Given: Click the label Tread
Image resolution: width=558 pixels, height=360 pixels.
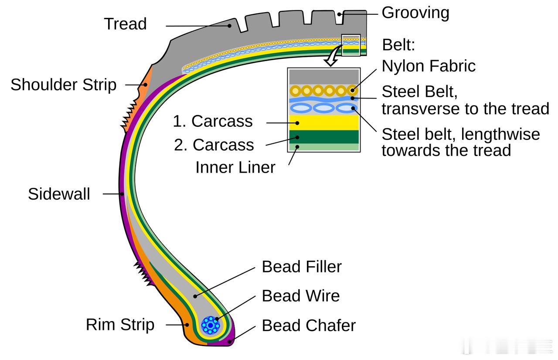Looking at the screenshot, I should (125, 24).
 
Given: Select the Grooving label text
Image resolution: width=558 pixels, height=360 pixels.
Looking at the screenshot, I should (415, 13).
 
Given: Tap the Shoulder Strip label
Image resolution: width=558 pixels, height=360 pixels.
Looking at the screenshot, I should (64, 85).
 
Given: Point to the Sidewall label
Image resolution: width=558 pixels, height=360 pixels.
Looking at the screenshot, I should (59, 194).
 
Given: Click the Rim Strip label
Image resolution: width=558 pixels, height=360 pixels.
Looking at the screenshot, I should (120, 325).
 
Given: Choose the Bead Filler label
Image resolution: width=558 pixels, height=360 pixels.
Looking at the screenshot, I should (302, 267).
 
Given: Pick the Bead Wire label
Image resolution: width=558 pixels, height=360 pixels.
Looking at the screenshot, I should (300, 296).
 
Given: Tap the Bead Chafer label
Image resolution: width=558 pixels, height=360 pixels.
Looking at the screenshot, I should (309, 326).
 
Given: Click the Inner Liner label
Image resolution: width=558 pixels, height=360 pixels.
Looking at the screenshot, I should (235, 168).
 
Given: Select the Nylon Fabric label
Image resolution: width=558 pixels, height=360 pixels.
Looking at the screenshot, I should (429, 66).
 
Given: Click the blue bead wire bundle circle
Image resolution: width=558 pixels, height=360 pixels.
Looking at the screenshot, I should (211, 325).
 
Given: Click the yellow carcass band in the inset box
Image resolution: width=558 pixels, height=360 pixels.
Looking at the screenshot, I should (323, 122).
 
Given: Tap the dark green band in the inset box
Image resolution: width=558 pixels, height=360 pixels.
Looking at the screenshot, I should (323, 136).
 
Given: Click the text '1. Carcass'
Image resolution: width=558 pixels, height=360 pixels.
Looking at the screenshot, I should (213, 121).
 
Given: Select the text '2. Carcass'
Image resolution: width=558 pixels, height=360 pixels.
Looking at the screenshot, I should (214, 145).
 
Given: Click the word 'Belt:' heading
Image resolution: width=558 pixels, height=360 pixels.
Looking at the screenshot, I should (398, 45).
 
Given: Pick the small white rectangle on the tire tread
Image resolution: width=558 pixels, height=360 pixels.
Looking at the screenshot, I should (351, 45).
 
